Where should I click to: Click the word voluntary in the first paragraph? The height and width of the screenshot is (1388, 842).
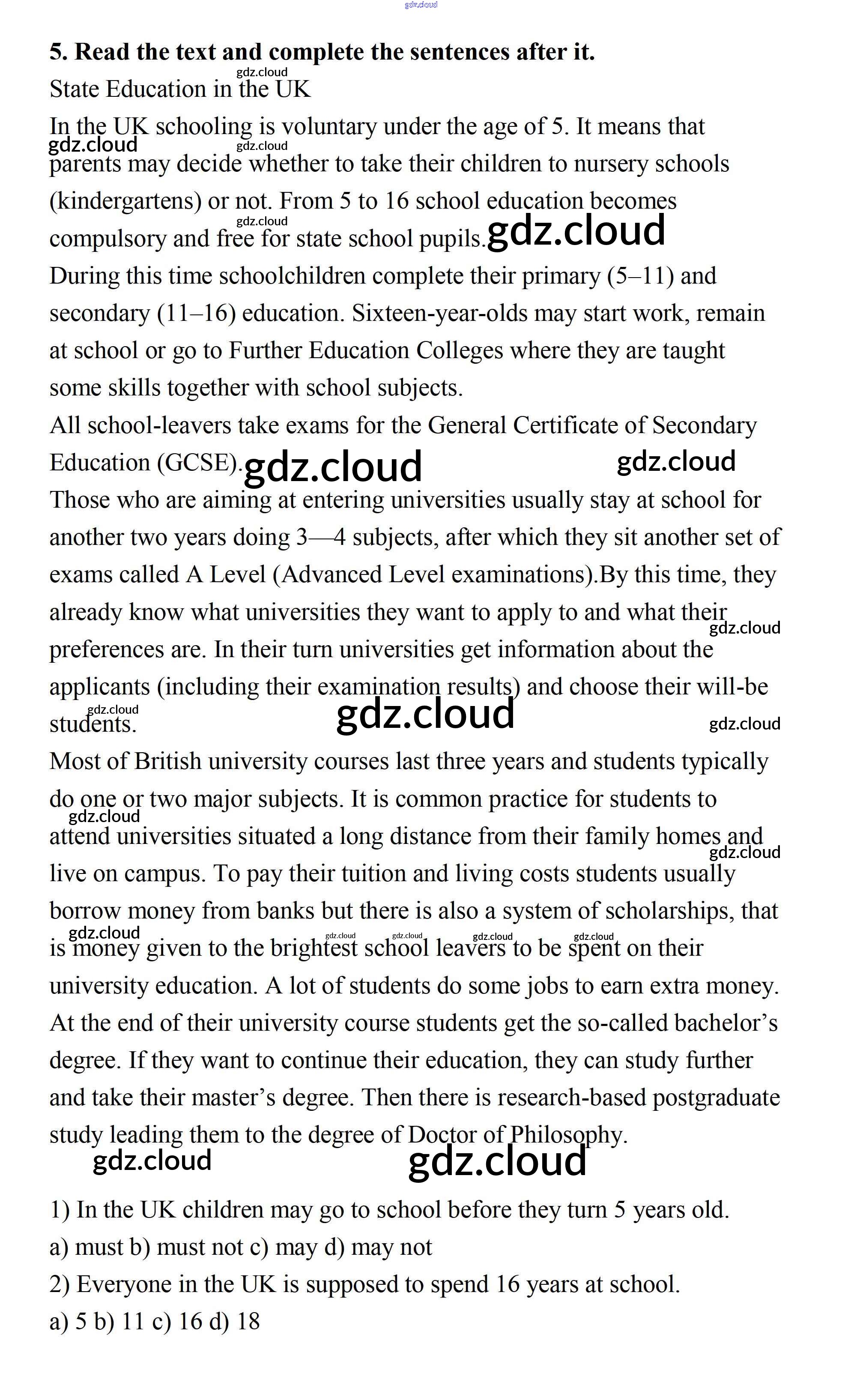tap(329, 127)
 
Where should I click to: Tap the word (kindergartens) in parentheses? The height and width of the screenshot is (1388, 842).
tap(125, 201)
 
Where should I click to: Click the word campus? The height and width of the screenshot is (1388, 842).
tap(165, 873)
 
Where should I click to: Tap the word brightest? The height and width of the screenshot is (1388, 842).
tap(314, 948)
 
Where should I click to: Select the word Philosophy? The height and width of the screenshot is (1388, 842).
tap(568, 1135)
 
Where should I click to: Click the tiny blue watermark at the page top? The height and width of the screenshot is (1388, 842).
tap(421, 5)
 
